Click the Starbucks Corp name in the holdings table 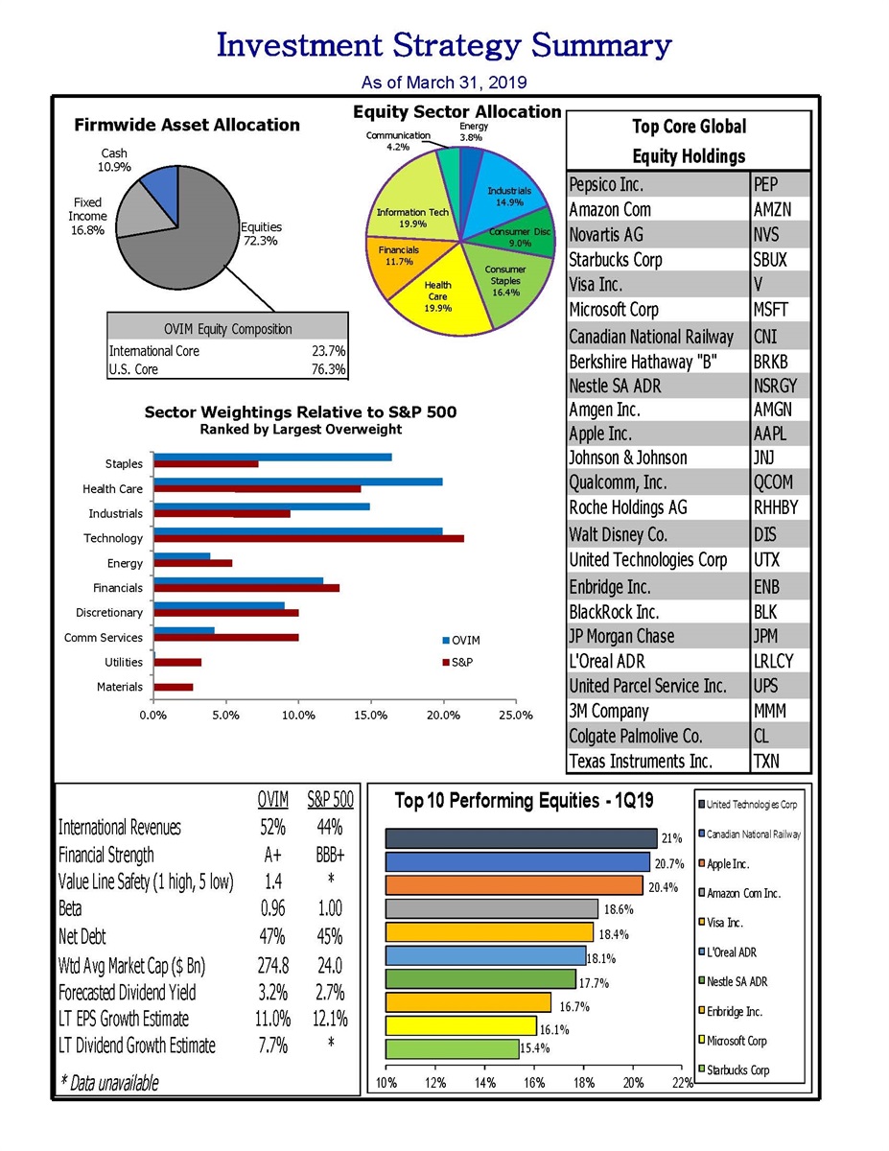pos(615,260)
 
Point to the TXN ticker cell pos(767,762)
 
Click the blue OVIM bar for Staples pos(272,457)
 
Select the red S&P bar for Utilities pos(177,662)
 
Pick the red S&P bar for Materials pos(174,687)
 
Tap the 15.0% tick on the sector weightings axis pos(370,715)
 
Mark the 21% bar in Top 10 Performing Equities pos(521,838)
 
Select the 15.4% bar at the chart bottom pos(452,1049)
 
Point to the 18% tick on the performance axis pos(583,1083)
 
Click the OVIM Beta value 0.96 pos(272,908)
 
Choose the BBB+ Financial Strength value pos(330,855)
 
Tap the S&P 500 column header pos(330,799)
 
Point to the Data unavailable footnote pos(109,1083)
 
